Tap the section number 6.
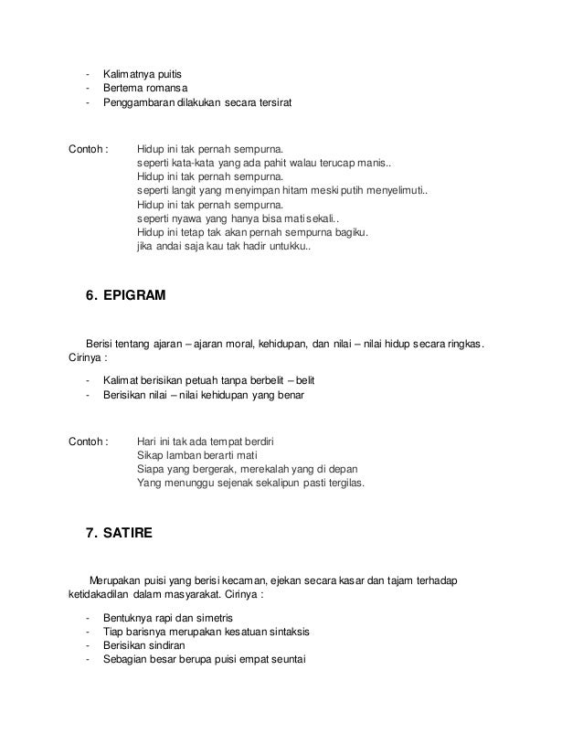[90, 295]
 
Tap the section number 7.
[90, 536]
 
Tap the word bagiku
[347, 234]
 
